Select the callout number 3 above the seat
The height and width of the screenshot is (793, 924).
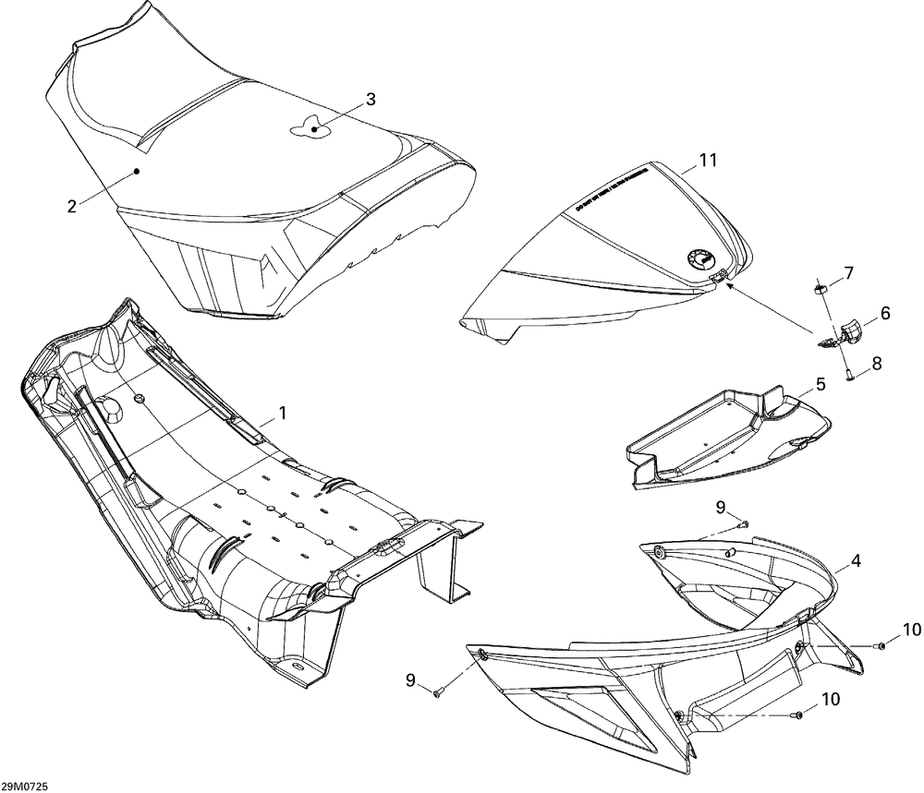[x=370, y=100]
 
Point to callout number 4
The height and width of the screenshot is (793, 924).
[x=857, y=560]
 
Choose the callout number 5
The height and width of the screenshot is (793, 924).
[x=820, y=382]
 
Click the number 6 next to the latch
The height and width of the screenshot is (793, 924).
[x=884, y=314]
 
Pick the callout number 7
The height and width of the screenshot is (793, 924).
[x=847, y=273]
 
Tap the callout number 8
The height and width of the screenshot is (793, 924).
[x=876, y=364]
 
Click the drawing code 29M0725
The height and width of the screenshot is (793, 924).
[x=26, y=786]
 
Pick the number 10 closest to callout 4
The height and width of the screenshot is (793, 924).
[x=912, y=631]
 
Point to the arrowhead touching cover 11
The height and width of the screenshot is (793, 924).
[x=728, y=285]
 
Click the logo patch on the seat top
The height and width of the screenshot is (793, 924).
[x=310, y=127]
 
